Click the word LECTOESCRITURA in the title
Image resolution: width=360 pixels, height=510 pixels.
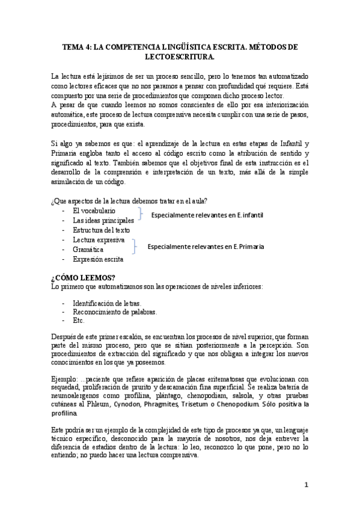click(x=180, y=57)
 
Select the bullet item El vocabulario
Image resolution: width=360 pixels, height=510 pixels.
click(x=94, y=211)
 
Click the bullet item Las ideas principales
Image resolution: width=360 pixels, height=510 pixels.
click(x=103, y=221)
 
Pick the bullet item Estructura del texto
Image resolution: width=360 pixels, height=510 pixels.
click(x=101, y=230)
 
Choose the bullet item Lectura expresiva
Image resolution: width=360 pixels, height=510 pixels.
click(x=99, y=240)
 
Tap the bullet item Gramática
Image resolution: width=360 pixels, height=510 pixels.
click(x=88, y=250)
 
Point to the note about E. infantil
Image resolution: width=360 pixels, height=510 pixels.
click(x=207, y=215)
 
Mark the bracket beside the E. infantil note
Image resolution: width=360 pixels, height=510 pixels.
click(x=140, y=215)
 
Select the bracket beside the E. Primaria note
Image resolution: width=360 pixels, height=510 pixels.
click(x=135, y=245)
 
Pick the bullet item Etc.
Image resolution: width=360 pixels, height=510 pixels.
click(x=78, y=321)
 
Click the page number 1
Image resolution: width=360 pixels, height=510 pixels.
click(x=306, y=485)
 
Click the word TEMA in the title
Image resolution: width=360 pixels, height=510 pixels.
click(x=76, y=46)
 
